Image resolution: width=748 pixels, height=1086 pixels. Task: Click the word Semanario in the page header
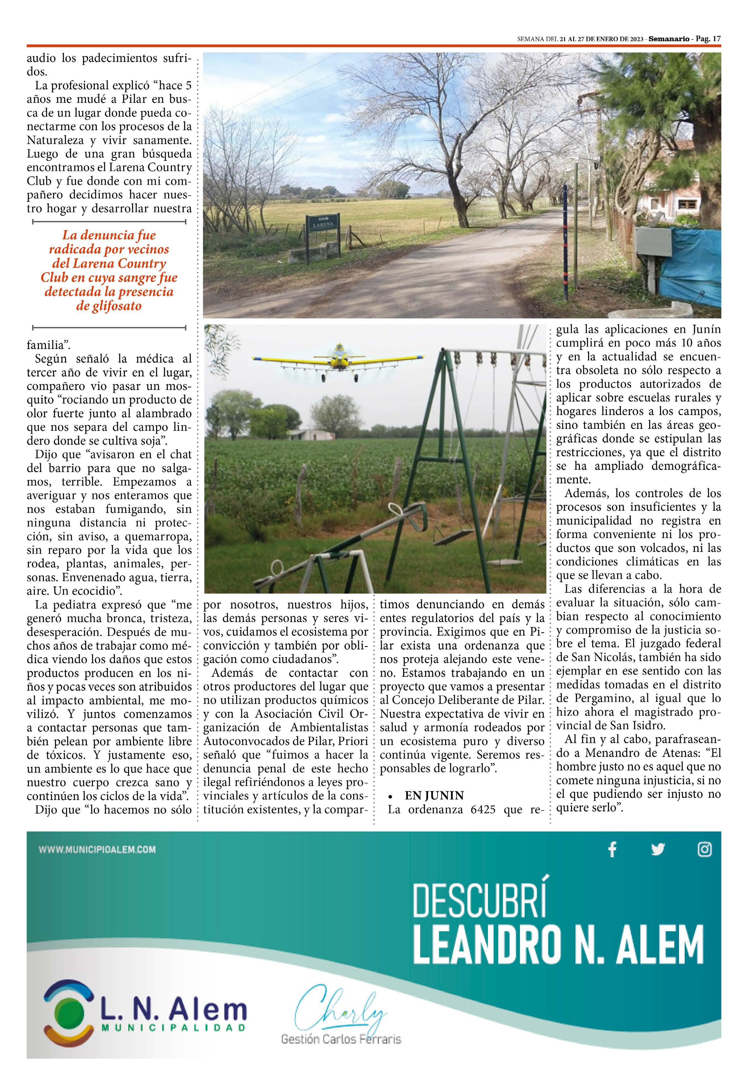[669, 39]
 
